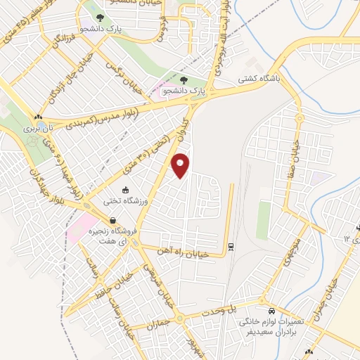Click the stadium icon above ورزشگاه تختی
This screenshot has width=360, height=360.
click(125, 189)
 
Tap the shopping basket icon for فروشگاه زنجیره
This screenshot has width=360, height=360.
click(112, 221)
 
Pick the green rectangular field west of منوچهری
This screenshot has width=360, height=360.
click(263, 219)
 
